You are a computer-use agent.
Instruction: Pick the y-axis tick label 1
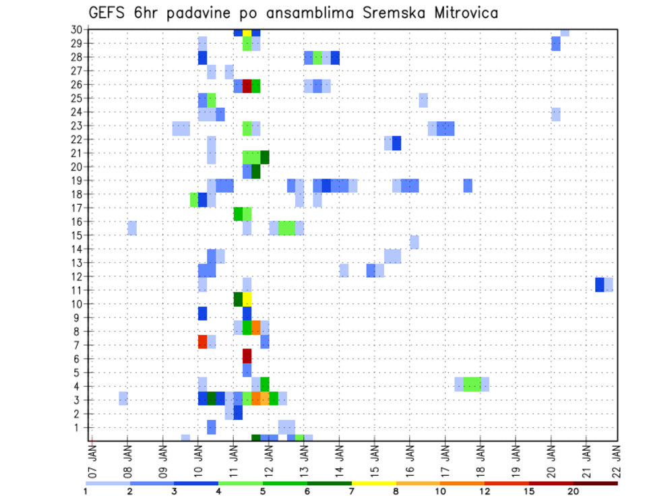[79, 427]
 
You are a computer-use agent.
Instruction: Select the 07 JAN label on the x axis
[92, 459]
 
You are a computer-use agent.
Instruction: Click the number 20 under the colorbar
[574, 492]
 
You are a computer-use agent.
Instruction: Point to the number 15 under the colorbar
[529, 492]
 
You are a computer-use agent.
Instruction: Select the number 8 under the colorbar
[396, 492]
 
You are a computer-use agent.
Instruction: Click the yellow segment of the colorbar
[374, 482]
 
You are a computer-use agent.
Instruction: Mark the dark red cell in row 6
[247, 355]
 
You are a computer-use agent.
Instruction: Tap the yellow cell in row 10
[247, 299]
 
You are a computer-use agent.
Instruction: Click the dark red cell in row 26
[247, 86]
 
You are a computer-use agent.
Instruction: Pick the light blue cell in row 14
[414, 242]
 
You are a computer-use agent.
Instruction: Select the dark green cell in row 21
[265, 157]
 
